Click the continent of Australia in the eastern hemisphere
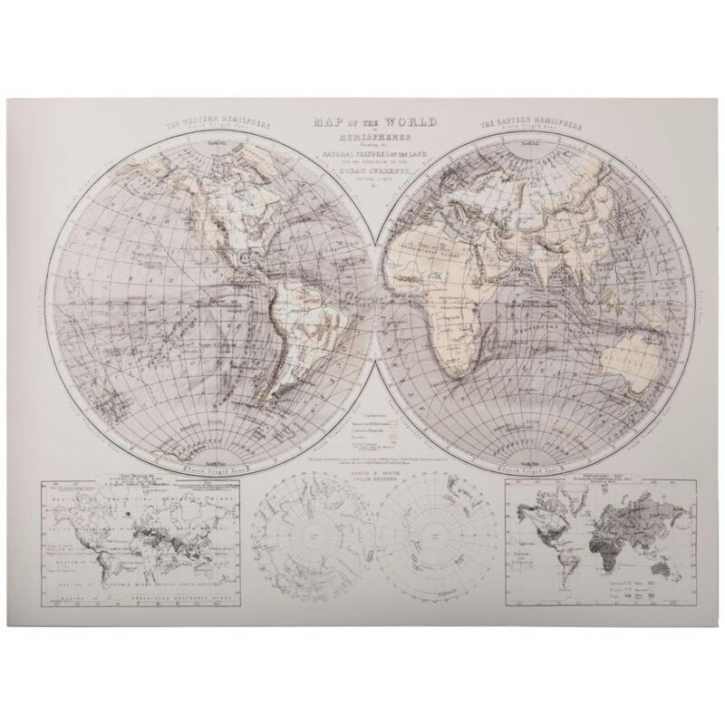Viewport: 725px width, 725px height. [639, 369]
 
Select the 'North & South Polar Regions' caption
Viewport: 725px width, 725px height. [374, 478]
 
